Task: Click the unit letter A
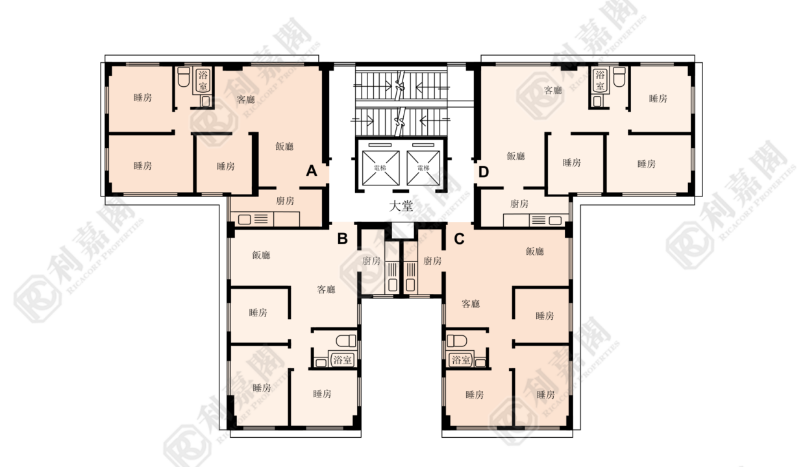pos(312,171)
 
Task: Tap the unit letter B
pos(343,239)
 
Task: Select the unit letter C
pos(459,239)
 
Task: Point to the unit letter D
pos(484,173)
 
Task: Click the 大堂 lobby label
pos(401,206)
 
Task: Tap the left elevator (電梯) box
pos(380,168)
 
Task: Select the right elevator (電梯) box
pos(423,168)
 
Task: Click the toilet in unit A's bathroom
pos(184,77)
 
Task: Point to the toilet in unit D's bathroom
pos(619,77)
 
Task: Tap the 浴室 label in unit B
pos(342,359)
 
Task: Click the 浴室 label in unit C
pos(461,359)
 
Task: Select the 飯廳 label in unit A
pos(284,146)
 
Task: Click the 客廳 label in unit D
pos(552,90)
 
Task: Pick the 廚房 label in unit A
pos(285,200)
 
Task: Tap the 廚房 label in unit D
pos(519,204)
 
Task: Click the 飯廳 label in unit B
pos(261,255)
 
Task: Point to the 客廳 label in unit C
pos(471,304)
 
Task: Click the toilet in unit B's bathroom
pos(346,341)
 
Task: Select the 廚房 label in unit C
pos(432,261)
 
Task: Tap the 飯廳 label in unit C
pos(535,251)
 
